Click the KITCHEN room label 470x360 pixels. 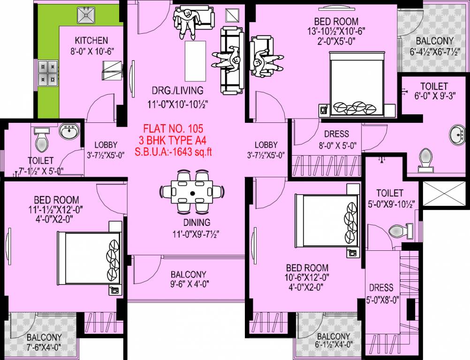91,41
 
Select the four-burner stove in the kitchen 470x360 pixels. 48,72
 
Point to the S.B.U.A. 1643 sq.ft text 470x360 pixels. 174,151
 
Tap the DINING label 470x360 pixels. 197,222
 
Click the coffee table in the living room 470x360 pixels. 196,61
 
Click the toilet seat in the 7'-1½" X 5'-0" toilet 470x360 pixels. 42,139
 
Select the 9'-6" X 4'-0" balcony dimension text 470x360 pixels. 189,284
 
